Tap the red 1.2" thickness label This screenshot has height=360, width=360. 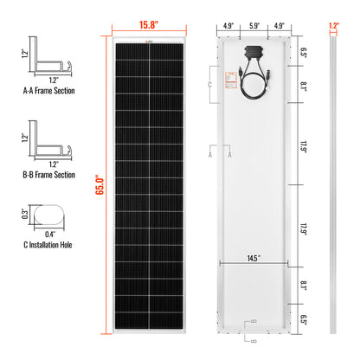334,26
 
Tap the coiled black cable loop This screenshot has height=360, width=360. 254,83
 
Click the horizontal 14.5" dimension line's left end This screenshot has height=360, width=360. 224,262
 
